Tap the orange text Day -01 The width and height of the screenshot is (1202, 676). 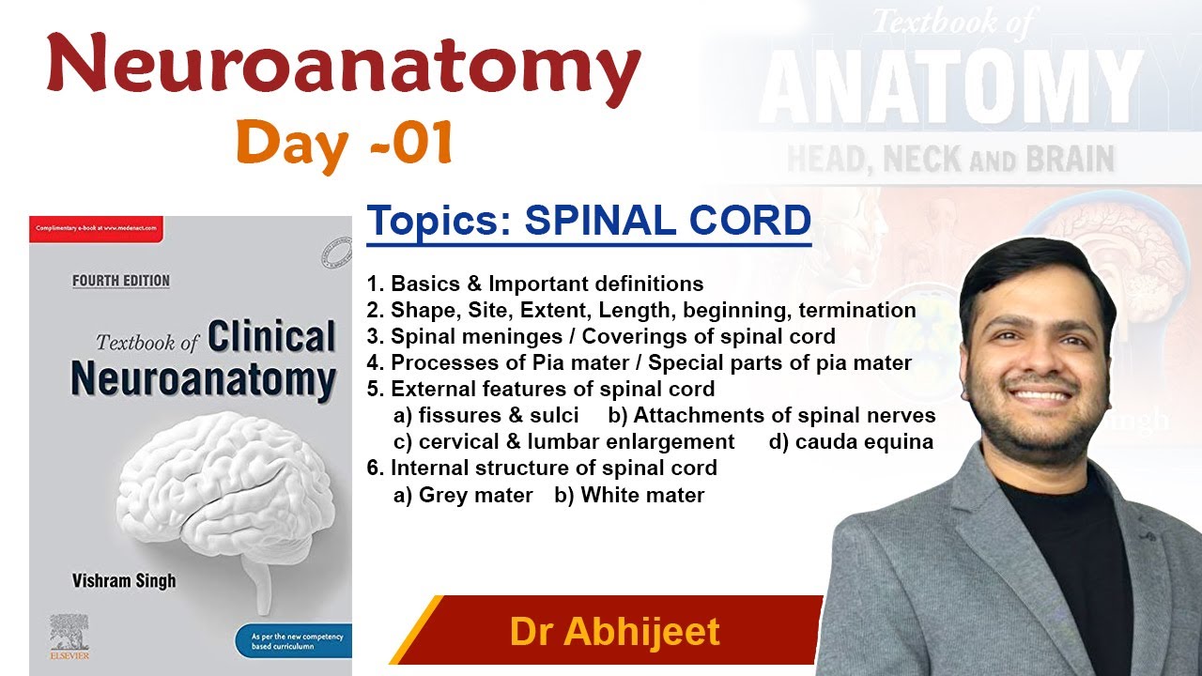point(345,144)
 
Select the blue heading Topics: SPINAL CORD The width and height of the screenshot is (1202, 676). point(589,222)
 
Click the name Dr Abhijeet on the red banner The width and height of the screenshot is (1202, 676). point(614,631)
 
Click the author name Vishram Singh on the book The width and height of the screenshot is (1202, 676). point(124,581)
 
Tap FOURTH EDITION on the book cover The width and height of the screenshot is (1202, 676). point(121,281)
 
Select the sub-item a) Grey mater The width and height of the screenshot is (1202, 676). point(463,495)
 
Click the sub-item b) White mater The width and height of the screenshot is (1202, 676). point(629,495)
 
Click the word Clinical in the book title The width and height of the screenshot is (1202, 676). point(271,338)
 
